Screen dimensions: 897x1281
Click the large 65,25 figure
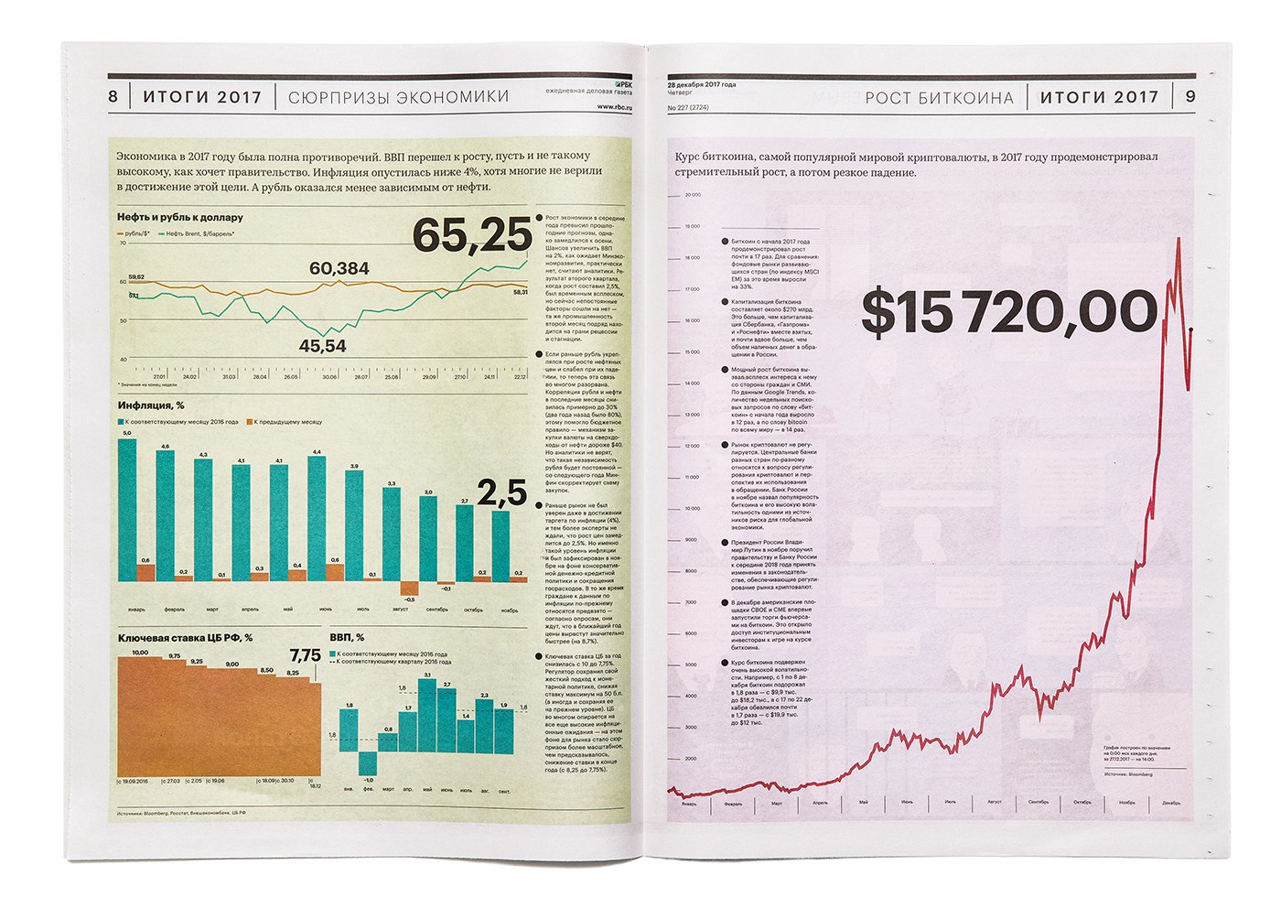pos(471,235)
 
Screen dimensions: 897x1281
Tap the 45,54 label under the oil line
pos(323,346)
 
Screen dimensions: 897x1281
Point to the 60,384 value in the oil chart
pos(339,268)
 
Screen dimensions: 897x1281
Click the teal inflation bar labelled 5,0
pos(127,508)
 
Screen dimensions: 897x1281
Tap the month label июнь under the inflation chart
pos(326,609)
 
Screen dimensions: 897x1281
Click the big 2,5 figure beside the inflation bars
pos(502,493)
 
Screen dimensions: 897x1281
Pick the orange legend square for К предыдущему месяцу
pos(249,422)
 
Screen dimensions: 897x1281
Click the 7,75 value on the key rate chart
pos(305,655)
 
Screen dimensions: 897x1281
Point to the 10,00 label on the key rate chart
pos(140,653)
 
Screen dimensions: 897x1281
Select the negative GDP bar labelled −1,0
pos(368,762)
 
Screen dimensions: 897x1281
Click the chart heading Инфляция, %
pos(151,405)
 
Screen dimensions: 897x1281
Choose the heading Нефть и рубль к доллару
pos(179,218)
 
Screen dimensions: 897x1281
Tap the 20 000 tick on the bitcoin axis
pos(692,195)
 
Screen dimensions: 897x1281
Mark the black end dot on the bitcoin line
pos(1190,329)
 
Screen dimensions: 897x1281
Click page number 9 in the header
pos(1189,97)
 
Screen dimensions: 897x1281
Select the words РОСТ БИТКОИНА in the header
pos(939,98)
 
